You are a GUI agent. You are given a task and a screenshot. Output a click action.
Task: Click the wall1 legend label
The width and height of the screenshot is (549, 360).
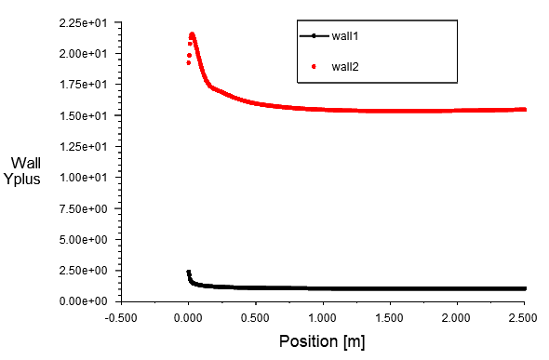(x=345, y=35)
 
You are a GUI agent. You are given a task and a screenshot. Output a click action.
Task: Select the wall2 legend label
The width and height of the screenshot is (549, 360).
(x=345, y=66)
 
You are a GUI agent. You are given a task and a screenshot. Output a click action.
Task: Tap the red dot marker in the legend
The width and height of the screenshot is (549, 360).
(x=314, y=66)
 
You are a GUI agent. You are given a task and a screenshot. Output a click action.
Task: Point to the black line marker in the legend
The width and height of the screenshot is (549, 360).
(x=315, y=35)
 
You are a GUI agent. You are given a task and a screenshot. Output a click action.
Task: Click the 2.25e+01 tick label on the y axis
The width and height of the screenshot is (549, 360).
(x=84, y=23)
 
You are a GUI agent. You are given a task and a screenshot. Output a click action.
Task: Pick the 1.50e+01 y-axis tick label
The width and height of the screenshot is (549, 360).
(x=84, y=115)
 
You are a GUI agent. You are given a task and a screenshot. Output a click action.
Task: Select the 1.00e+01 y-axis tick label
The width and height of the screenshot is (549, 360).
(x=84, y=178)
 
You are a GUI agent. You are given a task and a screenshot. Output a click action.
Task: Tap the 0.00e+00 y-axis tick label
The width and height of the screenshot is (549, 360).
(x=84, y=301)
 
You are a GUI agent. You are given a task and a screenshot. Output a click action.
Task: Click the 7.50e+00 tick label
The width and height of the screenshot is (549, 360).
(x=84, y=208)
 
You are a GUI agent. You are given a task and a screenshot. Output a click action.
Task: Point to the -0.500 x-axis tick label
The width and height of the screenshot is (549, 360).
(x=121, y=318)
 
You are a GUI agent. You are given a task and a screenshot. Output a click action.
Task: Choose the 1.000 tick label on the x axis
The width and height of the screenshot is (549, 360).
(x=323, y=318)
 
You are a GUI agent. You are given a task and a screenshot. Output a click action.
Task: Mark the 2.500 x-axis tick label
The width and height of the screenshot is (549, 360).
(x=524, y=318)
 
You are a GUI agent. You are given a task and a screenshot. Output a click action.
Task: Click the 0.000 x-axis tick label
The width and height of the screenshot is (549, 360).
(x=188, y=318)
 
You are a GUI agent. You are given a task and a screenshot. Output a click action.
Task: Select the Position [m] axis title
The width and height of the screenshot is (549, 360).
(x=322, y=341)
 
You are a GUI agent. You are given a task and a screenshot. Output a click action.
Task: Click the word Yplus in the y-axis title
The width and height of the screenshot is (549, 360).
(x=22, y=180)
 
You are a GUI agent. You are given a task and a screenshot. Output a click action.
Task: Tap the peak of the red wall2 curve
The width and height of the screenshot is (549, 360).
(x=192, y=34)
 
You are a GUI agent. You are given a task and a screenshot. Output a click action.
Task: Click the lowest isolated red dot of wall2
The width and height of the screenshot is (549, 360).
(x=188, y=63)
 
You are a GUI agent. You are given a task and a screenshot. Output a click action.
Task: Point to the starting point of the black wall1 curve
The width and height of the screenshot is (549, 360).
(x=188, y=273)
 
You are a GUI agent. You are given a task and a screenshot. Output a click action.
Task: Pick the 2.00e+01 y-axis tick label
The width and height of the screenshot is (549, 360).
(x=84, y=54)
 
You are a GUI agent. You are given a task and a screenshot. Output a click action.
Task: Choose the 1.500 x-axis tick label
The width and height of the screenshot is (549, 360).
(x=389, y=318)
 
